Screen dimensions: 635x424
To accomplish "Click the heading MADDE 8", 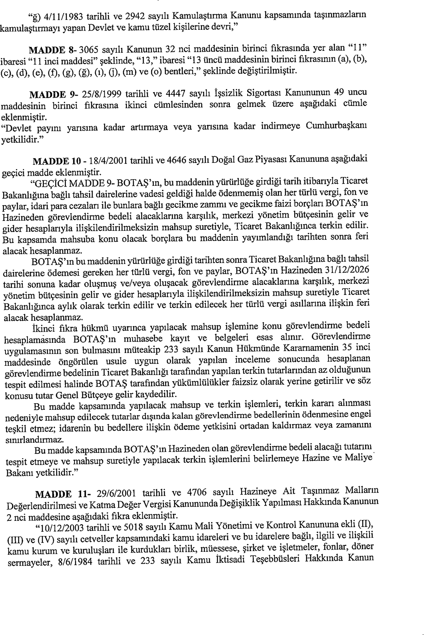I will tap(52, 50).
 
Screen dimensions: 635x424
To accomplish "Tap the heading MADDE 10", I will tap(54, 160).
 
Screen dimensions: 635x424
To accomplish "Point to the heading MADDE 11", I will tap(57, 494).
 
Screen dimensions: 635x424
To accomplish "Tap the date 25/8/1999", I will tap(99, 94).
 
